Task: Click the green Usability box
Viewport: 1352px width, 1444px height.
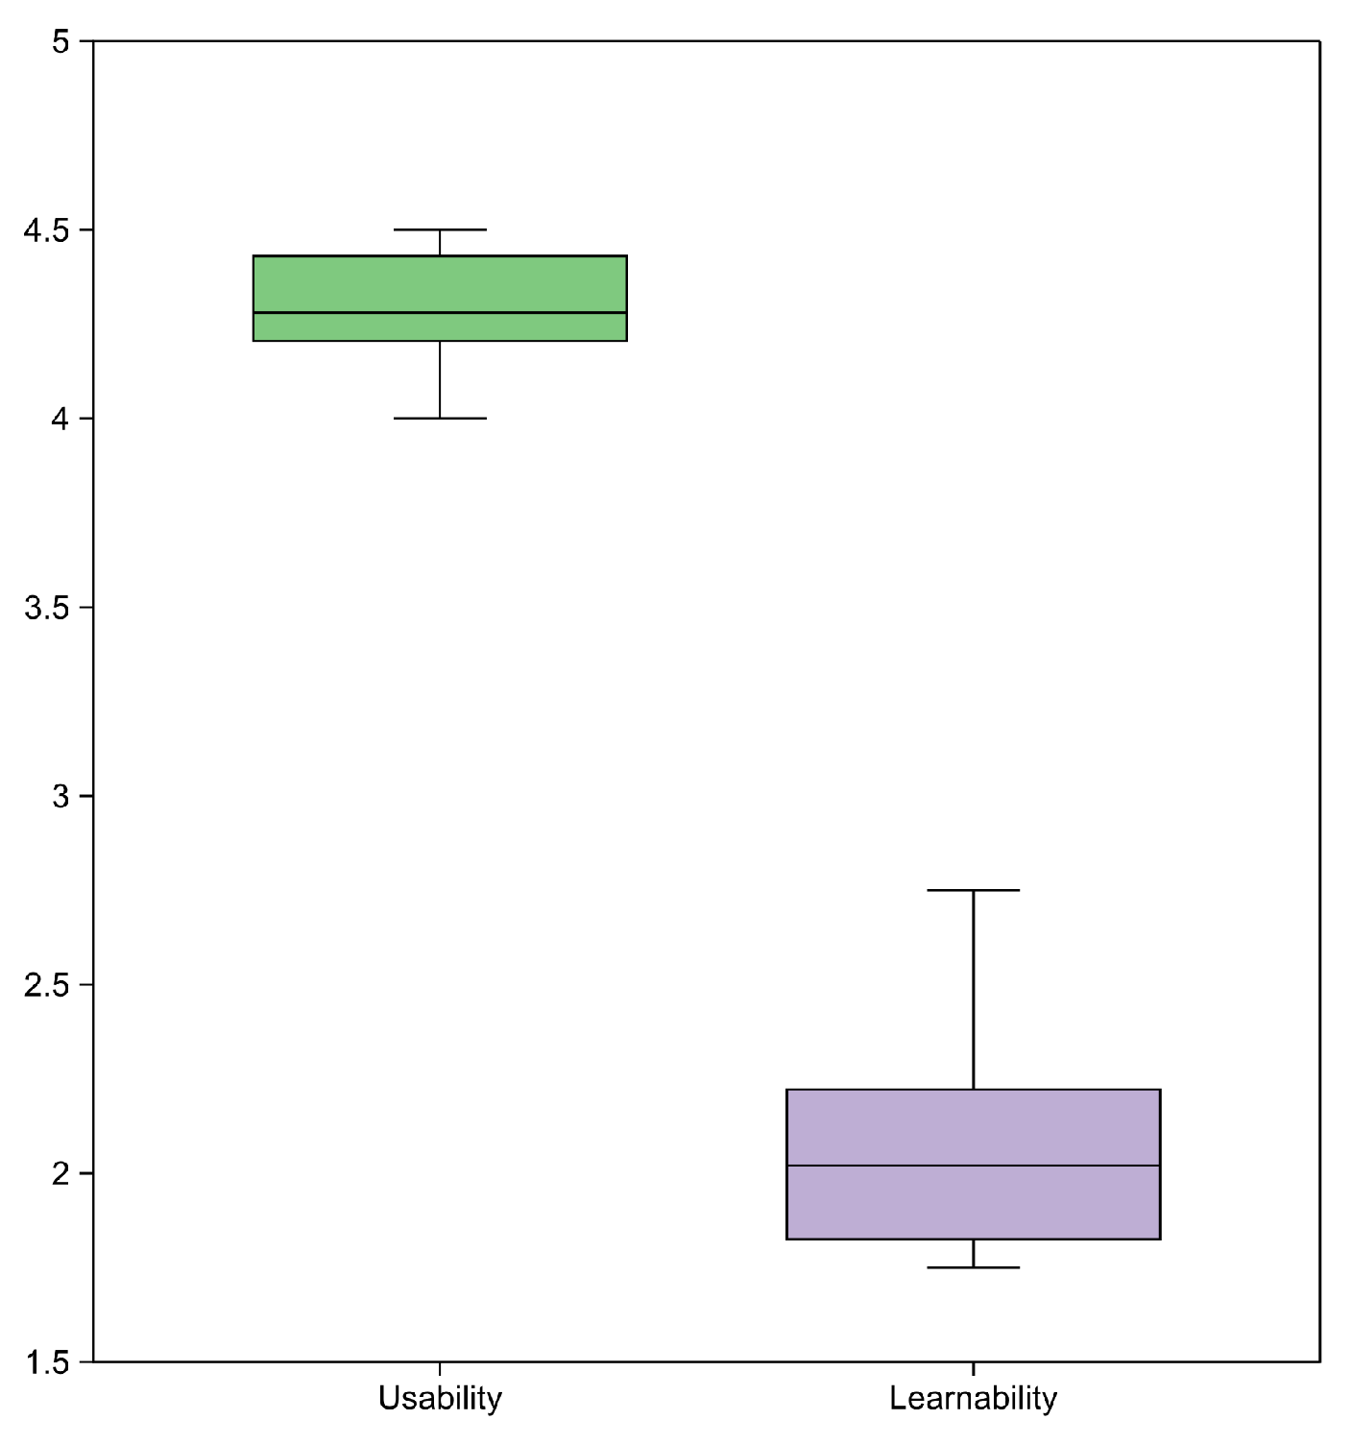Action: click(440, 284)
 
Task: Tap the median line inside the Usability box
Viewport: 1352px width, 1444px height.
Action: click(440, 313)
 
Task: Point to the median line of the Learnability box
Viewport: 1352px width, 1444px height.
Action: click(973, 1166)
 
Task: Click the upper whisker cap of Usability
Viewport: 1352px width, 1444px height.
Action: click(440, 230)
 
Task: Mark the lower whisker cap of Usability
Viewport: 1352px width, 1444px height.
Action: click(440, 419)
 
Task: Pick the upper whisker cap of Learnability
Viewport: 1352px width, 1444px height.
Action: click(973, 890)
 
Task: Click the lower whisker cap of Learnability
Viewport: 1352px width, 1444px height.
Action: click(973, 1267)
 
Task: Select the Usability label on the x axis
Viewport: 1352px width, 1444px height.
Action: click(440, 1398)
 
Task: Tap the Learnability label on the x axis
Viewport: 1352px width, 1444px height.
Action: click(973, 1398)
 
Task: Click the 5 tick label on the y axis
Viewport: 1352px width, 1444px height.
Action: click(61, 42)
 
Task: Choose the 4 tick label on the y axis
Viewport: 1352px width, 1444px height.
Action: click(61, 420)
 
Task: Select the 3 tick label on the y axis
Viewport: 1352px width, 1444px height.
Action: click(61, 797)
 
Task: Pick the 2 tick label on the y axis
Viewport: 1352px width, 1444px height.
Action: click(61, 1174)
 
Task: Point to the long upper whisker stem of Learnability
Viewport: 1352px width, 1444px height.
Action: click(973, 989)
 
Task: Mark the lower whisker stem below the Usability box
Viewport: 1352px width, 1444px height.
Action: click(440, 380)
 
